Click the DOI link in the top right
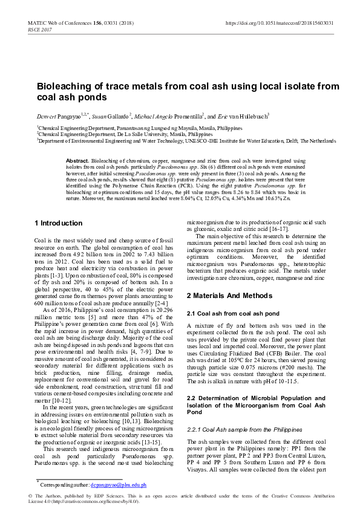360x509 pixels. (x=280, y=23)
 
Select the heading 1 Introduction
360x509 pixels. (x=58, y=223)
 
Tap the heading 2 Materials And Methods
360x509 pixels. (x=227, y=296)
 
